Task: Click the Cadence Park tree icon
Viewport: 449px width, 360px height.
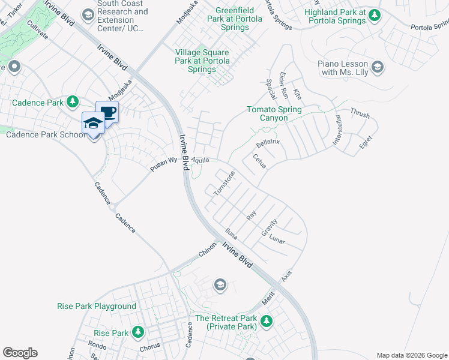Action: pyautogui.click(x=73, y=102)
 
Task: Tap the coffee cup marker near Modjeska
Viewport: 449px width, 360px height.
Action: pyautogui.click(x=107, y=112)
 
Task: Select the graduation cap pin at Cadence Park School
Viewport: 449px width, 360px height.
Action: pyautogui.click(x=93, y=123)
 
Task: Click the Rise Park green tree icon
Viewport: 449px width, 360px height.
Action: pyautogui.click(x=138, y=332)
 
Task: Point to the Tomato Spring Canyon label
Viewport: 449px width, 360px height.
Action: pyautogui.click(x=276, y=113)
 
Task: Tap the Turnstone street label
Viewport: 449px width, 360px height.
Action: pyautogui.click(x=224, y=182)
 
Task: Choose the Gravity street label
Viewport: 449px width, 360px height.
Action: pyautogui.click(x=268, y=226)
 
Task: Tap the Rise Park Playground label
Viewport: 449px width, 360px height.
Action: pyautogui.click(x=97, y=306)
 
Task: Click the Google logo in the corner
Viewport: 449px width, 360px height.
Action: pyautogui.click(x=20, y=353)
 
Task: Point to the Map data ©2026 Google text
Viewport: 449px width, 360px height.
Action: pyautogui.click(x=412, y=355)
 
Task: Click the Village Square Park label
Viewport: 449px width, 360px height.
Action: pyautogui.click(x=201, y=61)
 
